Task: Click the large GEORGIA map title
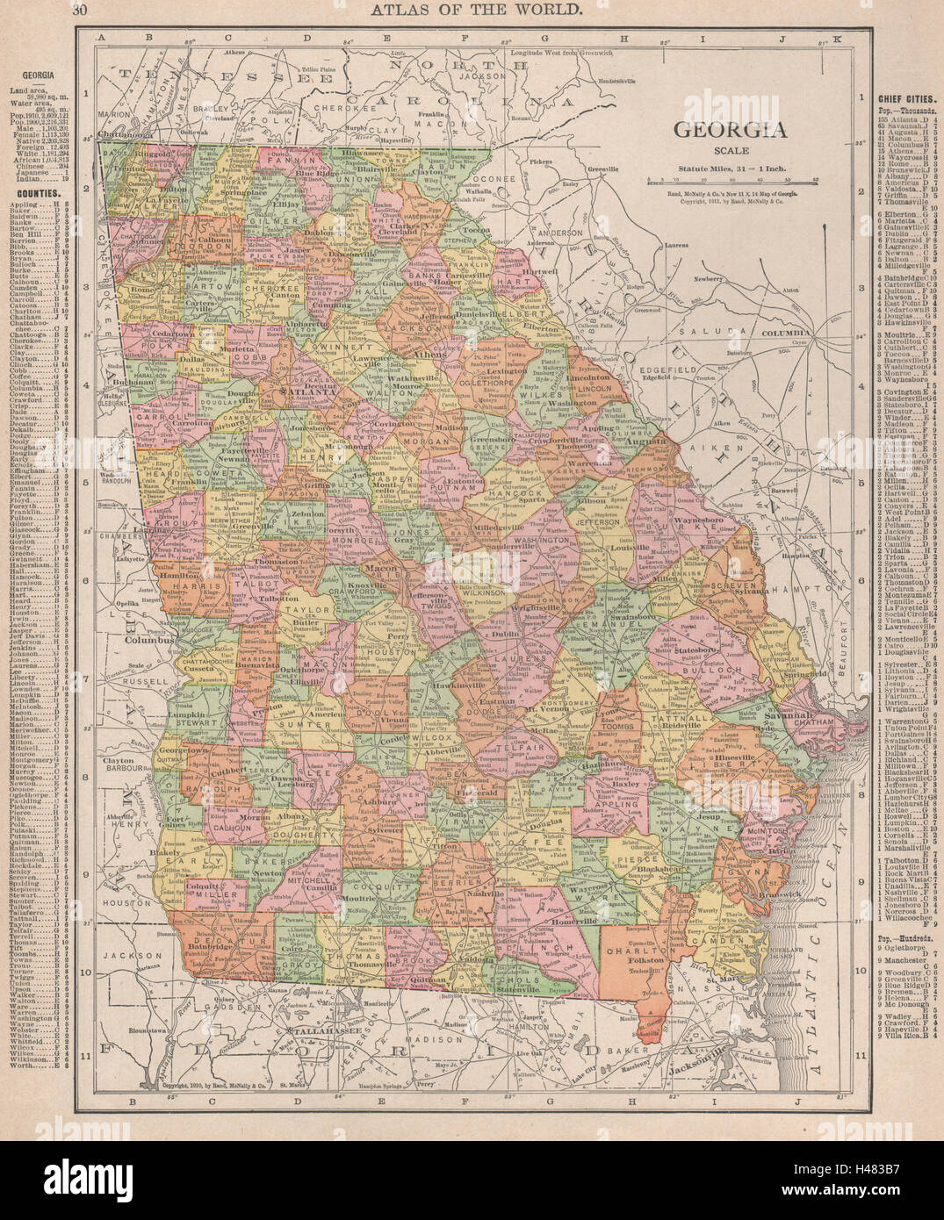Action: pos(729,132)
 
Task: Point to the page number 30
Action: pos(80,11)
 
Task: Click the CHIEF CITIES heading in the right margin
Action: pos(905,99)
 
